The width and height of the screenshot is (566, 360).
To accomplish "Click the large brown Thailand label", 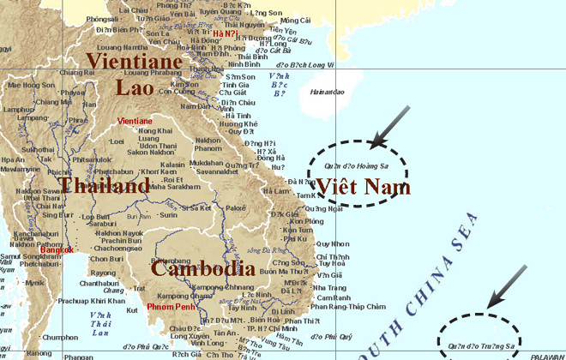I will tap(105, 186).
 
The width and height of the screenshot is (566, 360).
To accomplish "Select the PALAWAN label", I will tap(546, 355).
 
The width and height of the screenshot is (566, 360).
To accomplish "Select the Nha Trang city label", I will tap(326, 288).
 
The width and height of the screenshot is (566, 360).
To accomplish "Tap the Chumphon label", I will tap(60, 337).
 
